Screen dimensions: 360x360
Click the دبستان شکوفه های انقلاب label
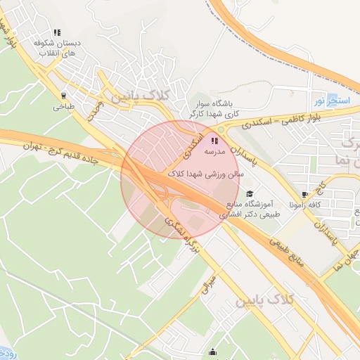coord(58,48)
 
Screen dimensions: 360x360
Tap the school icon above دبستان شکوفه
coord(56,32)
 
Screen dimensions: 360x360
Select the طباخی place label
coord(63,108)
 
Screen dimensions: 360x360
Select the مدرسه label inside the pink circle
coord(214,151)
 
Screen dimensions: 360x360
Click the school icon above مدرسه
coord(214,141)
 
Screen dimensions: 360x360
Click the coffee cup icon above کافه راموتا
coord(304,195)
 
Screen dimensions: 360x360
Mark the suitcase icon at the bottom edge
coord(217,357)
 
